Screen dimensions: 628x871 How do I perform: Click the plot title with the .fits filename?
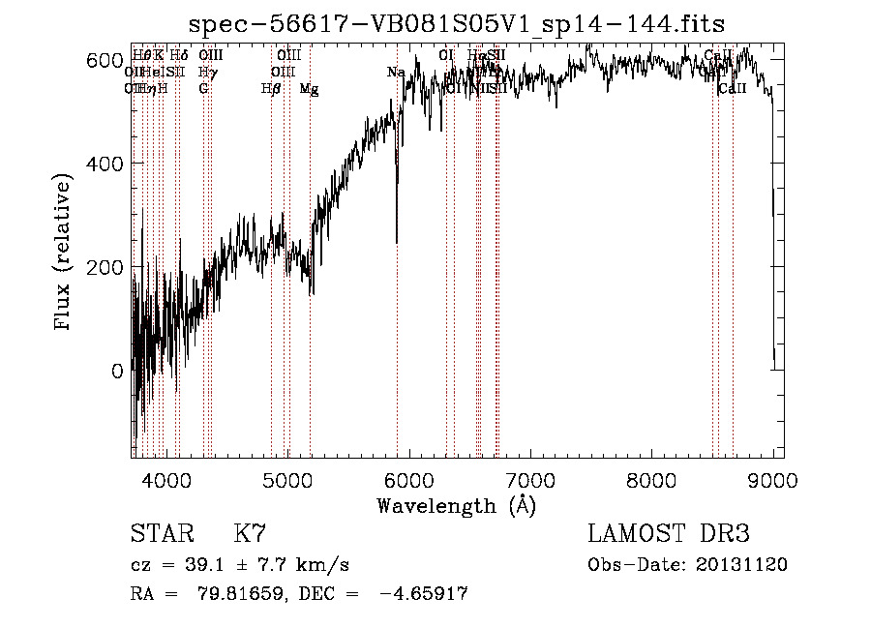coord(457,23)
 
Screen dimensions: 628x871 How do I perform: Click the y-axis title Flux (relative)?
coord(65,254)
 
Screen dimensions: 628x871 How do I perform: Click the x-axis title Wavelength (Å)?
coord(456,505)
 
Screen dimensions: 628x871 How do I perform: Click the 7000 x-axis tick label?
coord(530,479)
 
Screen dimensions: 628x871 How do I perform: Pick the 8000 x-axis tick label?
coord(652,479)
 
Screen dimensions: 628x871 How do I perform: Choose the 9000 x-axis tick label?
coord(773,479)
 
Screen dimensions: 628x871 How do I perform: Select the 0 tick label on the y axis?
coord(116,371)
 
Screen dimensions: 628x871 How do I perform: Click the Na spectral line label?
coord(396,73)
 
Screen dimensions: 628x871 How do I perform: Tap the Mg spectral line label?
coord(309,89)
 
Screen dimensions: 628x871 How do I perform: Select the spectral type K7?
coord(250,534)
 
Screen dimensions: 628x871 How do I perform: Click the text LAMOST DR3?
coord(669,534)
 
